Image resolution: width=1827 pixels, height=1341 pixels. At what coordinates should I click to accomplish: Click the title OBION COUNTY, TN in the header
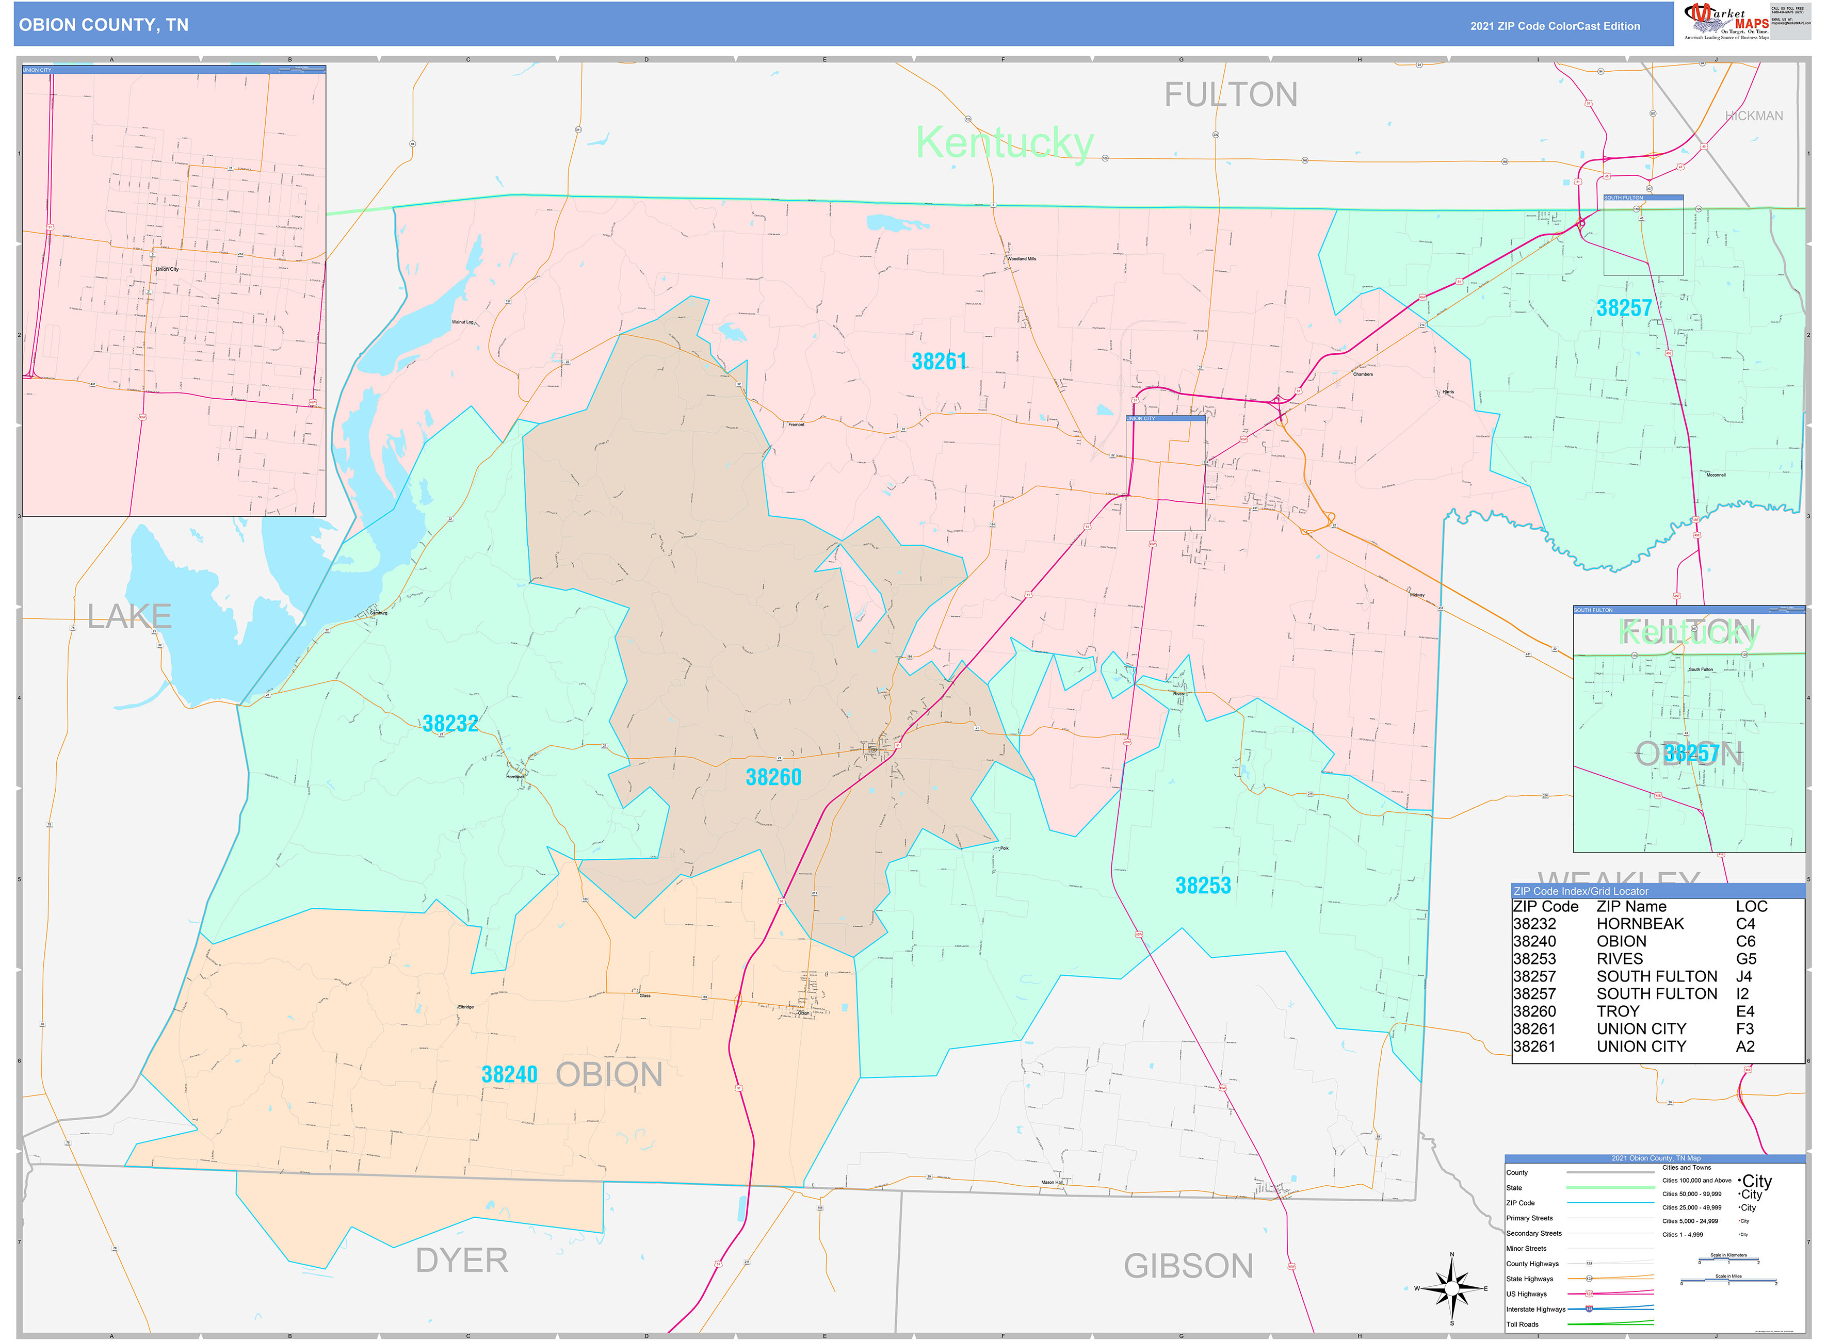pyautogui.click(x=104, y=25)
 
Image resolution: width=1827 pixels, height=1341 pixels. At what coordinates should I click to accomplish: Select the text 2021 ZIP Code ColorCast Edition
pyautogui.click(x=1554, y=26)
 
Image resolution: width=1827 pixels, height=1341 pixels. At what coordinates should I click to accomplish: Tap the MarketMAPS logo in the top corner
pyautogui.click(x=1726, y=22)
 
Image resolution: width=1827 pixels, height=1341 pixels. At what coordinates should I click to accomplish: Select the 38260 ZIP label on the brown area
pyautogui.click(x=773, y=778)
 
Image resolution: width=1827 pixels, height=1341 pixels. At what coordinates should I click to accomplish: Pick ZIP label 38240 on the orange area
pyautogui.click(x=509, y=1075)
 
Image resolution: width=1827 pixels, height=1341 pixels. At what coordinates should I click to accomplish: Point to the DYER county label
pyautogui.click(x=461, y=1261)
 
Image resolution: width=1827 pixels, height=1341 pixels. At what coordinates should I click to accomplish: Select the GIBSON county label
pyautogui.click(x=1188, y=1266)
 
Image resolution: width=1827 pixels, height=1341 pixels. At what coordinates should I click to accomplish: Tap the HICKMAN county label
pyautogui.click(x=1754, y=116)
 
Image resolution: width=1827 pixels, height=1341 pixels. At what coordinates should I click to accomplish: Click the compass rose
pyautogui.click(x=1452, y=1288)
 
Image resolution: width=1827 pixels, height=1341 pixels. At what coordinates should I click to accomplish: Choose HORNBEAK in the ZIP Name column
pyautogui.click(x=1639, y=924)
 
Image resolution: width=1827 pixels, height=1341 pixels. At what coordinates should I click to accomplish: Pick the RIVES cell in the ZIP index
pyautogui.click(x=1619, y=959)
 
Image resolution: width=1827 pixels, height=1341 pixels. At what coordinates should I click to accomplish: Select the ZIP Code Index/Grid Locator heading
pyautogui.click(x=1580, y=891)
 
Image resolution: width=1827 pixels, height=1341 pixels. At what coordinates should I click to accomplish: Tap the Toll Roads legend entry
pyautogui.click(x=1523, y=1324)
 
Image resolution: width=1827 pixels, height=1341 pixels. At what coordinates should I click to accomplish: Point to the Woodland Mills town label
pyautogui.click(x=1022, y=259)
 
